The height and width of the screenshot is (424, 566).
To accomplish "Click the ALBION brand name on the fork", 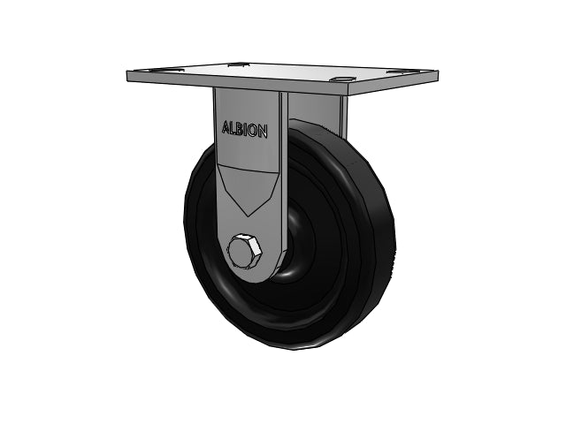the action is pyautogui.click(x=245, y=130).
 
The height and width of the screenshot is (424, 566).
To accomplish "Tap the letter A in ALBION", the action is pyautogui.click(x=226, y=127).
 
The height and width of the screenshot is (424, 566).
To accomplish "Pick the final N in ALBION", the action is pyautogui.click(x=263, y=132).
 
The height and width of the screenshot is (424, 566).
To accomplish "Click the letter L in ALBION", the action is pyautogui.click(x=233, y=128).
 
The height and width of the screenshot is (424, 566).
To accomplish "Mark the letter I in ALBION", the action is pyautogui.click(x=246, y=130).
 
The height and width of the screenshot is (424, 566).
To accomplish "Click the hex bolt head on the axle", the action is pyautogui.click(x=243, y=251).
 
